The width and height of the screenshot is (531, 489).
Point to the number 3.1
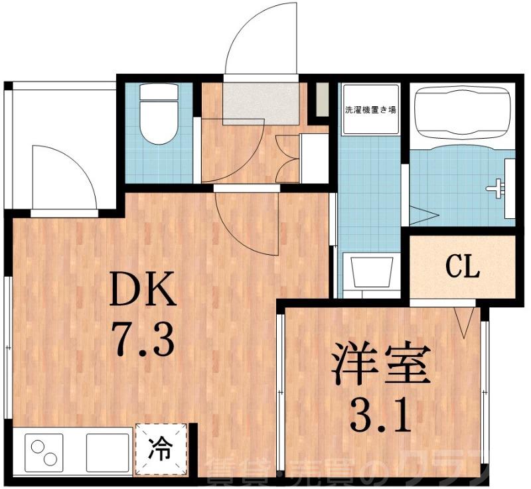[381, 415]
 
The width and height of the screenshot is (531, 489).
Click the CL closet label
[462, 268]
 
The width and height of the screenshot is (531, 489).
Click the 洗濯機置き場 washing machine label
[370, 109]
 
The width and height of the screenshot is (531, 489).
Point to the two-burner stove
[42, 451]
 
